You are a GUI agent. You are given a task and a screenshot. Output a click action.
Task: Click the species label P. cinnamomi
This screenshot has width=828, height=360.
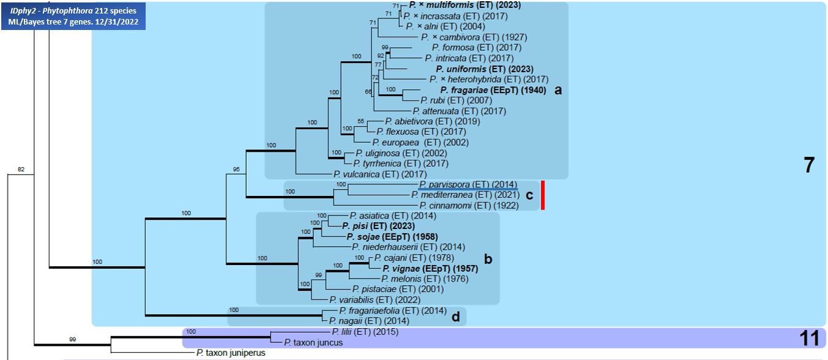[x=469, y=206]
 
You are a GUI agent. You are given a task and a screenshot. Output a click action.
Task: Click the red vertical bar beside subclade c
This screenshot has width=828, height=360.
[x=543, y=195]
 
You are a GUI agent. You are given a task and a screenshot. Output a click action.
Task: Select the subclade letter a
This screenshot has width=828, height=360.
[x=558, y=90]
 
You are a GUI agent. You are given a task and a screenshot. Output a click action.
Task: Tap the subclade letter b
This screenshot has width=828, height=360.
[x=488, y=259]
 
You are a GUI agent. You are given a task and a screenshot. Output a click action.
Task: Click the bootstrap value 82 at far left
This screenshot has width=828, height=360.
[x=21, y=169]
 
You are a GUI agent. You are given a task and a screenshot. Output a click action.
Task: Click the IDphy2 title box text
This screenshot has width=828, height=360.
[x=73, y=17]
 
